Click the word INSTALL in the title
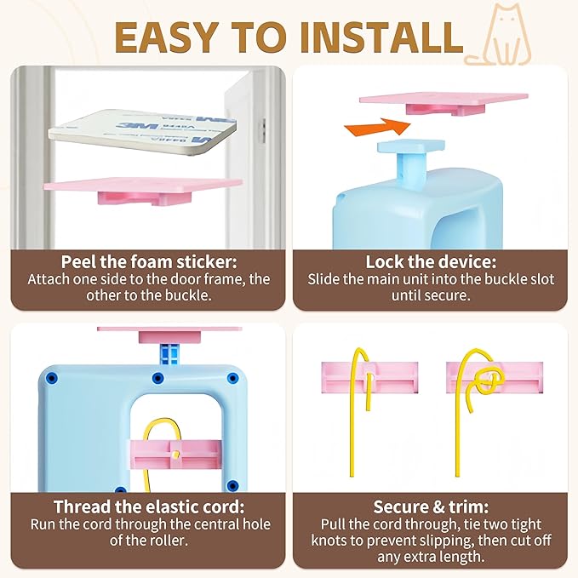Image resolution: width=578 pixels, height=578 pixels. point(381,37)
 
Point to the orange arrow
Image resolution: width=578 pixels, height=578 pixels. point(377,127)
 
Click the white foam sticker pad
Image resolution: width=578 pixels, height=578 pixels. point(142,129)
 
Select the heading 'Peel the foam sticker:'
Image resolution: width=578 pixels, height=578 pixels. point(149,261)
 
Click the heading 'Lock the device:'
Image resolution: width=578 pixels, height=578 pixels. point(431,261)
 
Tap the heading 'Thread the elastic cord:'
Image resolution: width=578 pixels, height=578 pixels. point(149,506)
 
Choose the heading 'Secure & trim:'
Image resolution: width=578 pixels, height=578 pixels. point(431,506)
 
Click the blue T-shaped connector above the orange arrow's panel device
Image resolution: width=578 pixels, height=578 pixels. point(411,155)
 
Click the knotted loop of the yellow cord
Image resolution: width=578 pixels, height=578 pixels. point(490,381)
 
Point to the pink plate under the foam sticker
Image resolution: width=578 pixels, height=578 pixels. point(143,189)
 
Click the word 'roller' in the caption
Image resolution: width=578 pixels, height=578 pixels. point(169,541)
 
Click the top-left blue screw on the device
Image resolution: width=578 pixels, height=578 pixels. point(52,378)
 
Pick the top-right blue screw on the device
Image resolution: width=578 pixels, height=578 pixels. point(232,378)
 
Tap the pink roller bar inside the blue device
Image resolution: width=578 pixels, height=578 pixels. point(176,455)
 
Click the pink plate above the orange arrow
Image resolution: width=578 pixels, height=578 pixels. point(444,103)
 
